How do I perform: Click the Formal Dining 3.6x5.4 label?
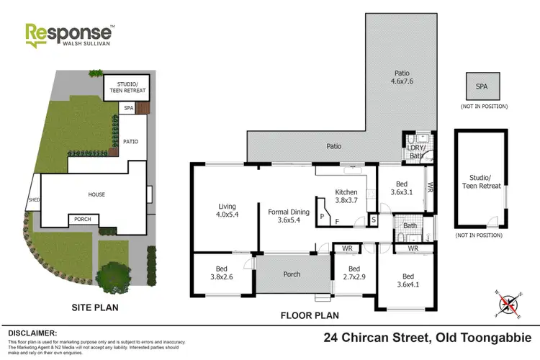pos(287,216)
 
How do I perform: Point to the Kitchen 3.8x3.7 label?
pos(346,197)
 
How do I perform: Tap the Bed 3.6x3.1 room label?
pos(403,188)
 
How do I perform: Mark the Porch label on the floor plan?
pos(291,274)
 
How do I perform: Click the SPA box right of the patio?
pos(480,87)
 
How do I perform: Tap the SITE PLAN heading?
pos(94,307)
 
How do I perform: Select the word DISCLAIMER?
pos(32,333)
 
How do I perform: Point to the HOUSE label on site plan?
pos(96,194)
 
